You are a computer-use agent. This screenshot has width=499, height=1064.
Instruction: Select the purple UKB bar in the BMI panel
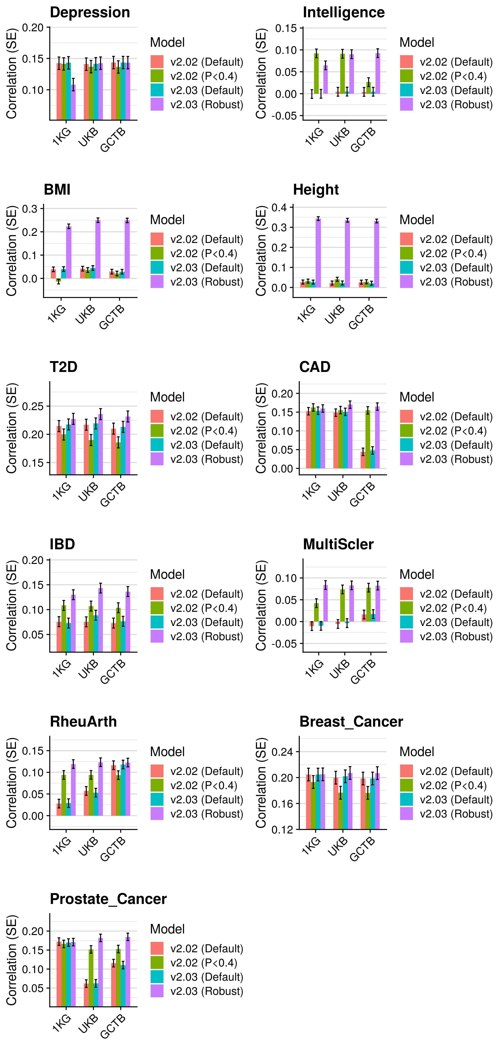pos(98,249)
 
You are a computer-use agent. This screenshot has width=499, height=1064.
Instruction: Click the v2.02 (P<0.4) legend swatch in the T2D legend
pos(157,431)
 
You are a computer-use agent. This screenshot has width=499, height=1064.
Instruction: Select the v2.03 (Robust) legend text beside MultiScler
pos(456,636)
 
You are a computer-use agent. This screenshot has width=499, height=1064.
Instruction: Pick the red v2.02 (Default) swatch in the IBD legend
pos(157,594)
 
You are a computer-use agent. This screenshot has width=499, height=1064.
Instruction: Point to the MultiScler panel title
pos(338,544)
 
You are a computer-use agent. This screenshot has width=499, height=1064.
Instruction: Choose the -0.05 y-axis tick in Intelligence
pos(284,116)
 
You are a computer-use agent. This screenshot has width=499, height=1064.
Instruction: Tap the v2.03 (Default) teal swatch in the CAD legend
pos(407,445)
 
